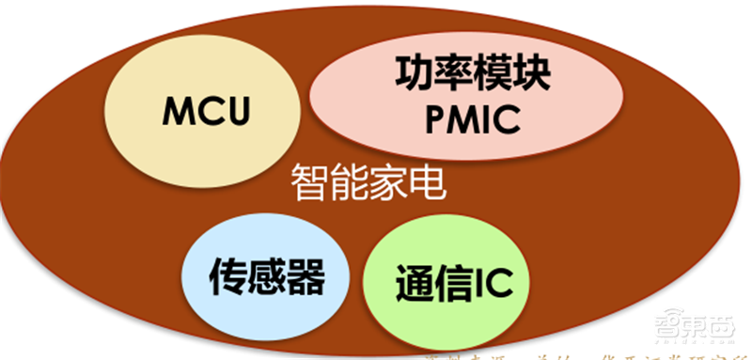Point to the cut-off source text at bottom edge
click(x=564, y=354)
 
